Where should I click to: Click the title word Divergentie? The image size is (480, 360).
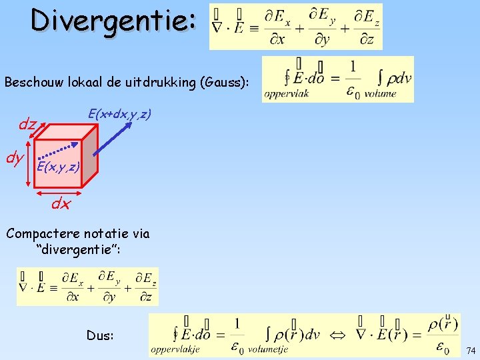click(x=114, y=20)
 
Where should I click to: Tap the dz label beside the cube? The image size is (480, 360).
click(x=27, y=124)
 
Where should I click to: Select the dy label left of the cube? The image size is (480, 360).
click(x=15, y=159)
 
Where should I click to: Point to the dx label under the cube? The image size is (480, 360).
click(x=61, y=204)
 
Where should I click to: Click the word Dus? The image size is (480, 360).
click(x=101, y=335)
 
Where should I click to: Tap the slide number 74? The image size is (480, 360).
click(x=471, y=351)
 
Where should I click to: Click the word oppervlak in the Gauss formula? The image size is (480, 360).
click(x=287, y=94)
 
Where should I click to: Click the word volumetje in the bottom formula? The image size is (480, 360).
click(x=267, y=348)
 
